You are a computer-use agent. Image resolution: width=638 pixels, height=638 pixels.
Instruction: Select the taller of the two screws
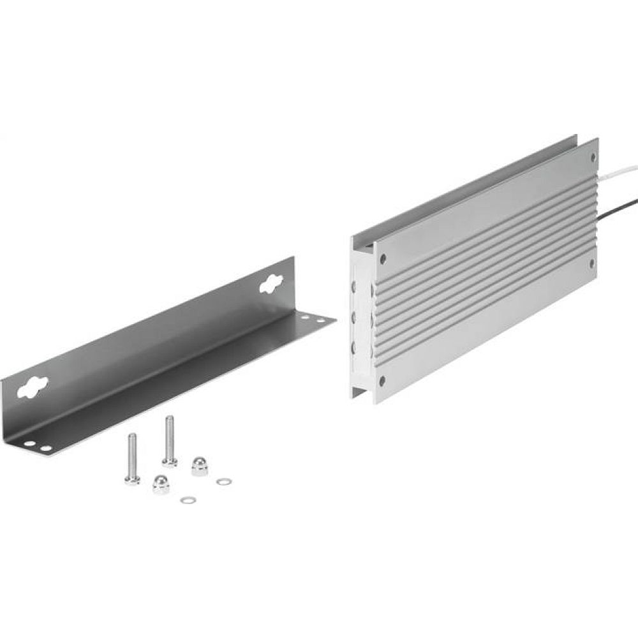click(169, 440)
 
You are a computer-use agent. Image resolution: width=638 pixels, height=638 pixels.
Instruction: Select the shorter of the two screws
click(132, 458)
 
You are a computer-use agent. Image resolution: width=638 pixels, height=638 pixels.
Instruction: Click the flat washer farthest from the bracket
click(223, 481)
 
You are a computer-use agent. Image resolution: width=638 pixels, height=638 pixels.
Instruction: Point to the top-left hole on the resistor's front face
click(383, 259)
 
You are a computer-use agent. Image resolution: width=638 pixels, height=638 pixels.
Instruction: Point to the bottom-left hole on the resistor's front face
click(382, 381)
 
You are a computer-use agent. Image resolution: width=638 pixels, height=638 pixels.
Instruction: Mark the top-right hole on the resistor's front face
click(593, 155)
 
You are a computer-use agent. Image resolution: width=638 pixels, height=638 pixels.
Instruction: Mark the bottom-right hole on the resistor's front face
click(592, 262)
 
